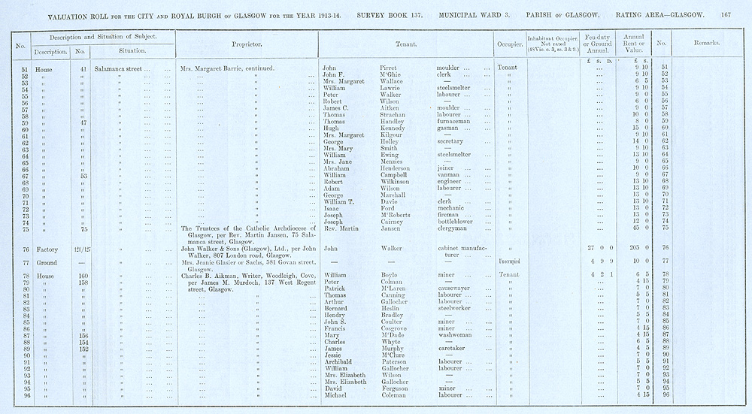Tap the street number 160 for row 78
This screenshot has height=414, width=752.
click(84, 276)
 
